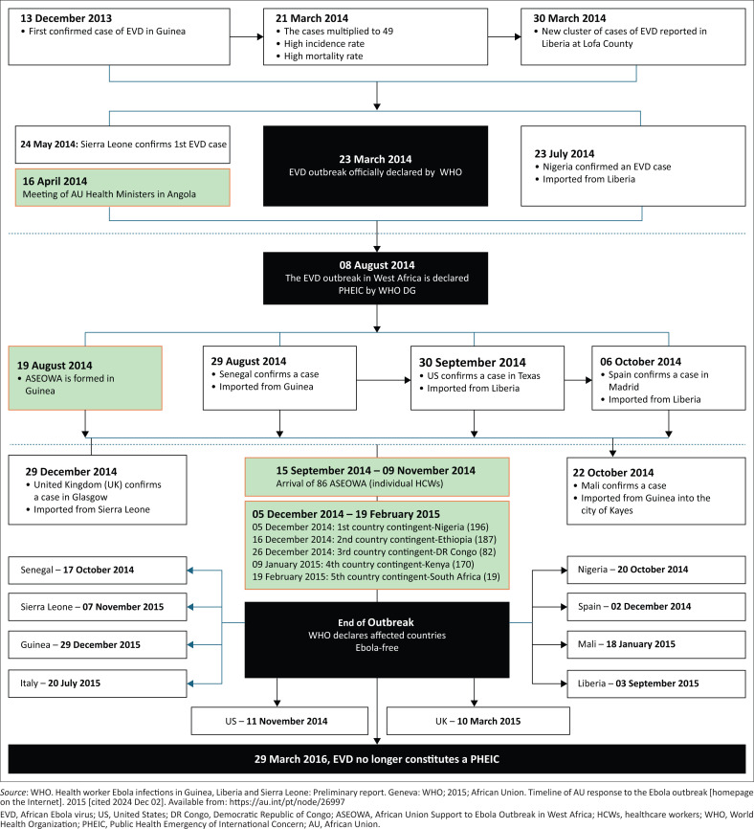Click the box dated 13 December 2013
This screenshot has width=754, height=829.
point(119,36)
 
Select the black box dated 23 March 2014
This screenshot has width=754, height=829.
point(375,166)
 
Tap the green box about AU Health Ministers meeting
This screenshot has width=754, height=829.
point(122,188)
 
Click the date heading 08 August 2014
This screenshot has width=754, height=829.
point(377,265)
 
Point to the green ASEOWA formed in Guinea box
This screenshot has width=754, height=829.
point(85,378)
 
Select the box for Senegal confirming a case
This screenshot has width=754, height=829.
point(279,378)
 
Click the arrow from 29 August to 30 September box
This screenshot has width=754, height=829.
point(384,380)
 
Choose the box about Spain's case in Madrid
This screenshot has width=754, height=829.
point(669,378)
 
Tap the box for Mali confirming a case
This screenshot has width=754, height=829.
point(656,491)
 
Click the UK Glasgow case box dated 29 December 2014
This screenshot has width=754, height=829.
point(98,489)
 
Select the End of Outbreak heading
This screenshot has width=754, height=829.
point(376,622)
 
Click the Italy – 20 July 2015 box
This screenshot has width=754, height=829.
point(98,683)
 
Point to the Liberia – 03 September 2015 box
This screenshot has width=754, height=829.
point(656,683)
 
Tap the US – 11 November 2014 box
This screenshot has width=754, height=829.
point(279,721)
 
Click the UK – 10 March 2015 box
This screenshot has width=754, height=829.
point(478,721)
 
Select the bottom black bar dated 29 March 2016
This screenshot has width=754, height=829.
point(377,759)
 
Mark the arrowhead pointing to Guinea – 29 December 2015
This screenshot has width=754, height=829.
point(190,644)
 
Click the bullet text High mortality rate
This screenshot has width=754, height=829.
point(323,56)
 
